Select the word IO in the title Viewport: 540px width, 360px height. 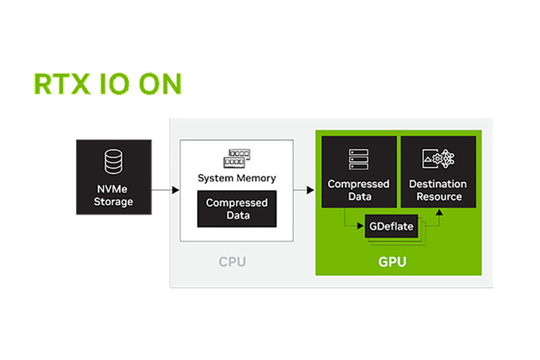coord(114,85)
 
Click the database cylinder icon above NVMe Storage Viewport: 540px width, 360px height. coord(114,161)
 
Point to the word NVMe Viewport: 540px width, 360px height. coord(114,189)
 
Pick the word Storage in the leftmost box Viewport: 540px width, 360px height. coord(114,202)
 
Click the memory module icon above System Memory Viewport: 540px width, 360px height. coord(237,157)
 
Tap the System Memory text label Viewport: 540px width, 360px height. coord(237,178)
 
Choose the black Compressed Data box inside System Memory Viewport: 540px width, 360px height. coord(237,209)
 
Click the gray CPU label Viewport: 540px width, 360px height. coord(237,261)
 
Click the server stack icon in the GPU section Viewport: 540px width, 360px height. coord(358,159)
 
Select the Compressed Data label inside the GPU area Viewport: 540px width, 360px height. coord(358,190)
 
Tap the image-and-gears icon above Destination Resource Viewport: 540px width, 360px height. coord(438,159)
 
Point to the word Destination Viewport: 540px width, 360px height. coord(438,184)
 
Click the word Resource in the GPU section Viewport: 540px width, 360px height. coord(438,197)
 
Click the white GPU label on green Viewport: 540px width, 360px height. coord(395,261)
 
